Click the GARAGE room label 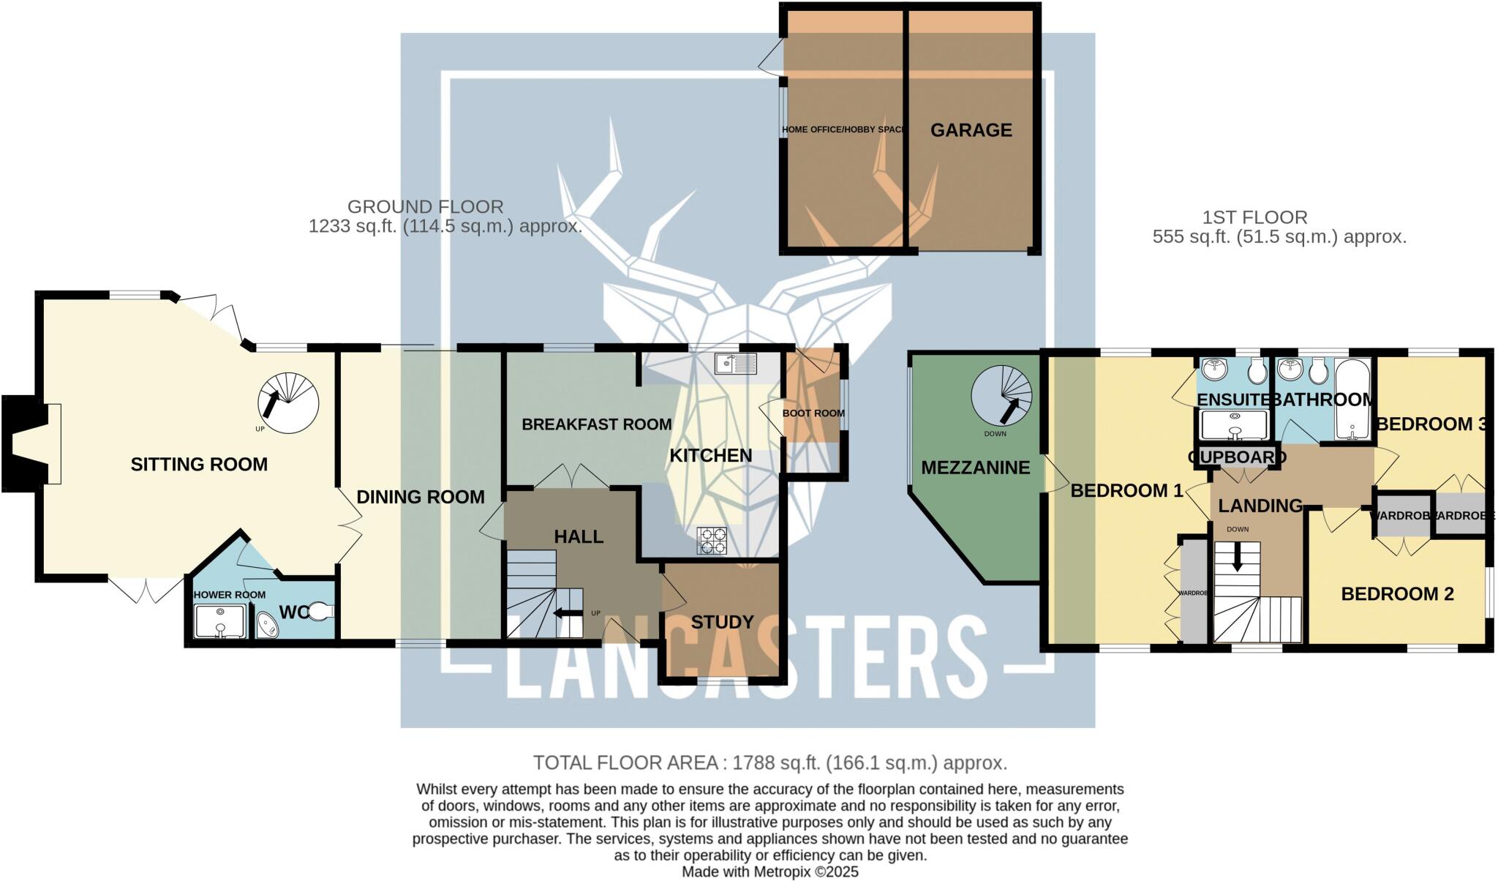click(971, 130)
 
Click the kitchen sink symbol click(736, 363)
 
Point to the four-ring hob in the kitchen click(712, 541)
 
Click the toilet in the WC click(320, 610)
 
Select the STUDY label click(722, 622)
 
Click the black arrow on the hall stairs click(568, 613)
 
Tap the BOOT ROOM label click(813, 413)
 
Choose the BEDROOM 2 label click(1397, 594)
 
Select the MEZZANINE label click(975, 468)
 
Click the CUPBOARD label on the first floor click(1237, 457)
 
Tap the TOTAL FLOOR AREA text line click(769, 763)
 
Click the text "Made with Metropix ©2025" click(769, 872)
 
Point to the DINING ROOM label click(420, 498)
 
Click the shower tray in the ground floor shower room click(220, 621)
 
